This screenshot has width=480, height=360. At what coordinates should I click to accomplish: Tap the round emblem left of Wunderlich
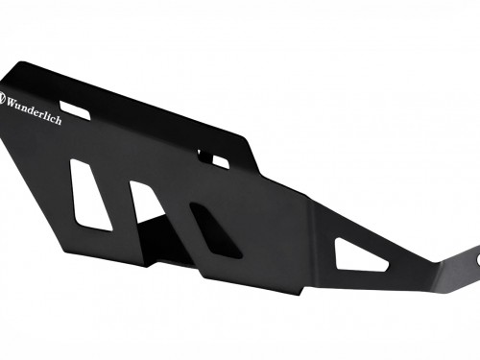click(x=2, y=99)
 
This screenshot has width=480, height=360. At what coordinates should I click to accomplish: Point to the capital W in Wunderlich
click(x=12, y=104)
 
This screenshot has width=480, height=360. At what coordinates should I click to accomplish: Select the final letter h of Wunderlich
click(x=58, y=119)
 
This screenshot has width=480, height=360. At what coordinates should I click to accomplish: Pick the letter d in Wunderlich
click(x=32, y=109)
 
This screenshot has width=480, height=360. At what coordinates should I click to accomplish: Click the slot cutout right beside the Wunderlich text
click(x=75, y=110)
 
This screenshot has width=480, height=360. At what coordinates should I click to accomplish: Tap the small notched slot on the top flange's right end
click(x=213, y=158)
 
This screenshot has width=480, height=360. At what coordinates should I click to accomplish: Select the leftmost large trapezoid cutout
click(x=90, y=195)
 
